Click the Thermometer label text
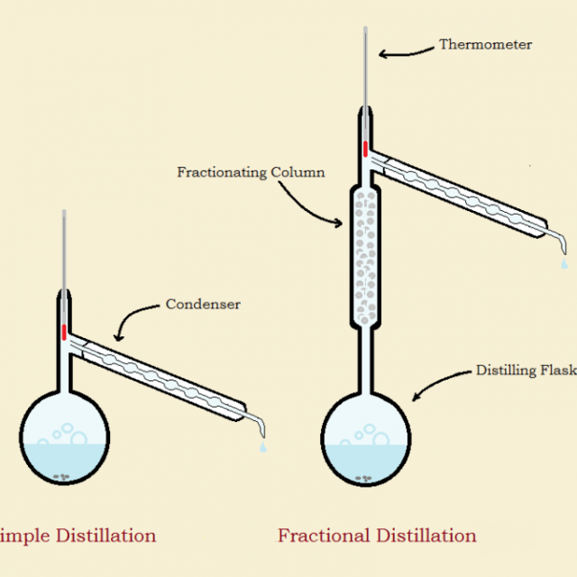tap(485, 44)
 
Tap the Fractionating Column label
tap(251, 172)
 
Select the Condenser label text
tap(203, 305)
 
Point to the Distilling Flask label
tap(526, 371)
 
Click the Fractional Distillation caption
tap(377, 536)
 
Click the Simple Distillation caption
tap(78, 536)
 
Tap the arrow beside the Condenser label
tap(135, 319)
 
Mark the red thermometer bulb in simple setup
tap(64, 331)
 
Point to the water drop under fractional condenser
tap(563, 264)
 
